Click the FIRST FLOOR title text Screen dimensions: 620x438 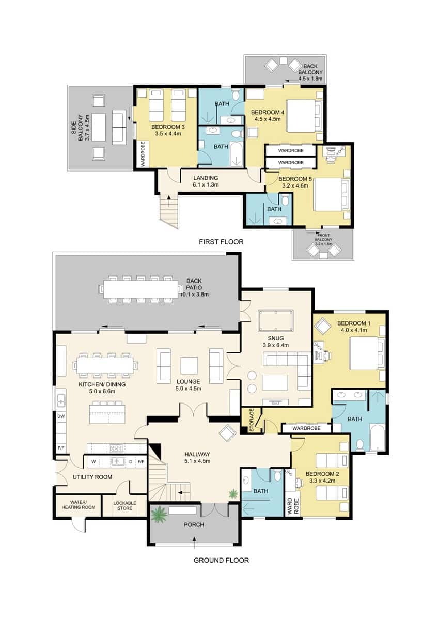[x=221, y=241]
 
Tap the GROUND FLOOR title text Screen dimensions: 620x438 [x=221, y=560]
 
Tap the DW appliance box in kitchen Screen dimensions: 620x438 [x=61, y=415]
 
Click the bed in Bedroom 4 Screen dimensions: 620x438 [x=300, y=116]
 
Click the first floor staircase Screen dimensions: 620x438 [x=168, y=209]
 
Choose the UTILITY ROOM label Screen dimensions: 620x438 [x=92, y=477]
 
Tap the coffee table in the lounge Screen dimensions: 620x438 [x=189, y=365]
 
